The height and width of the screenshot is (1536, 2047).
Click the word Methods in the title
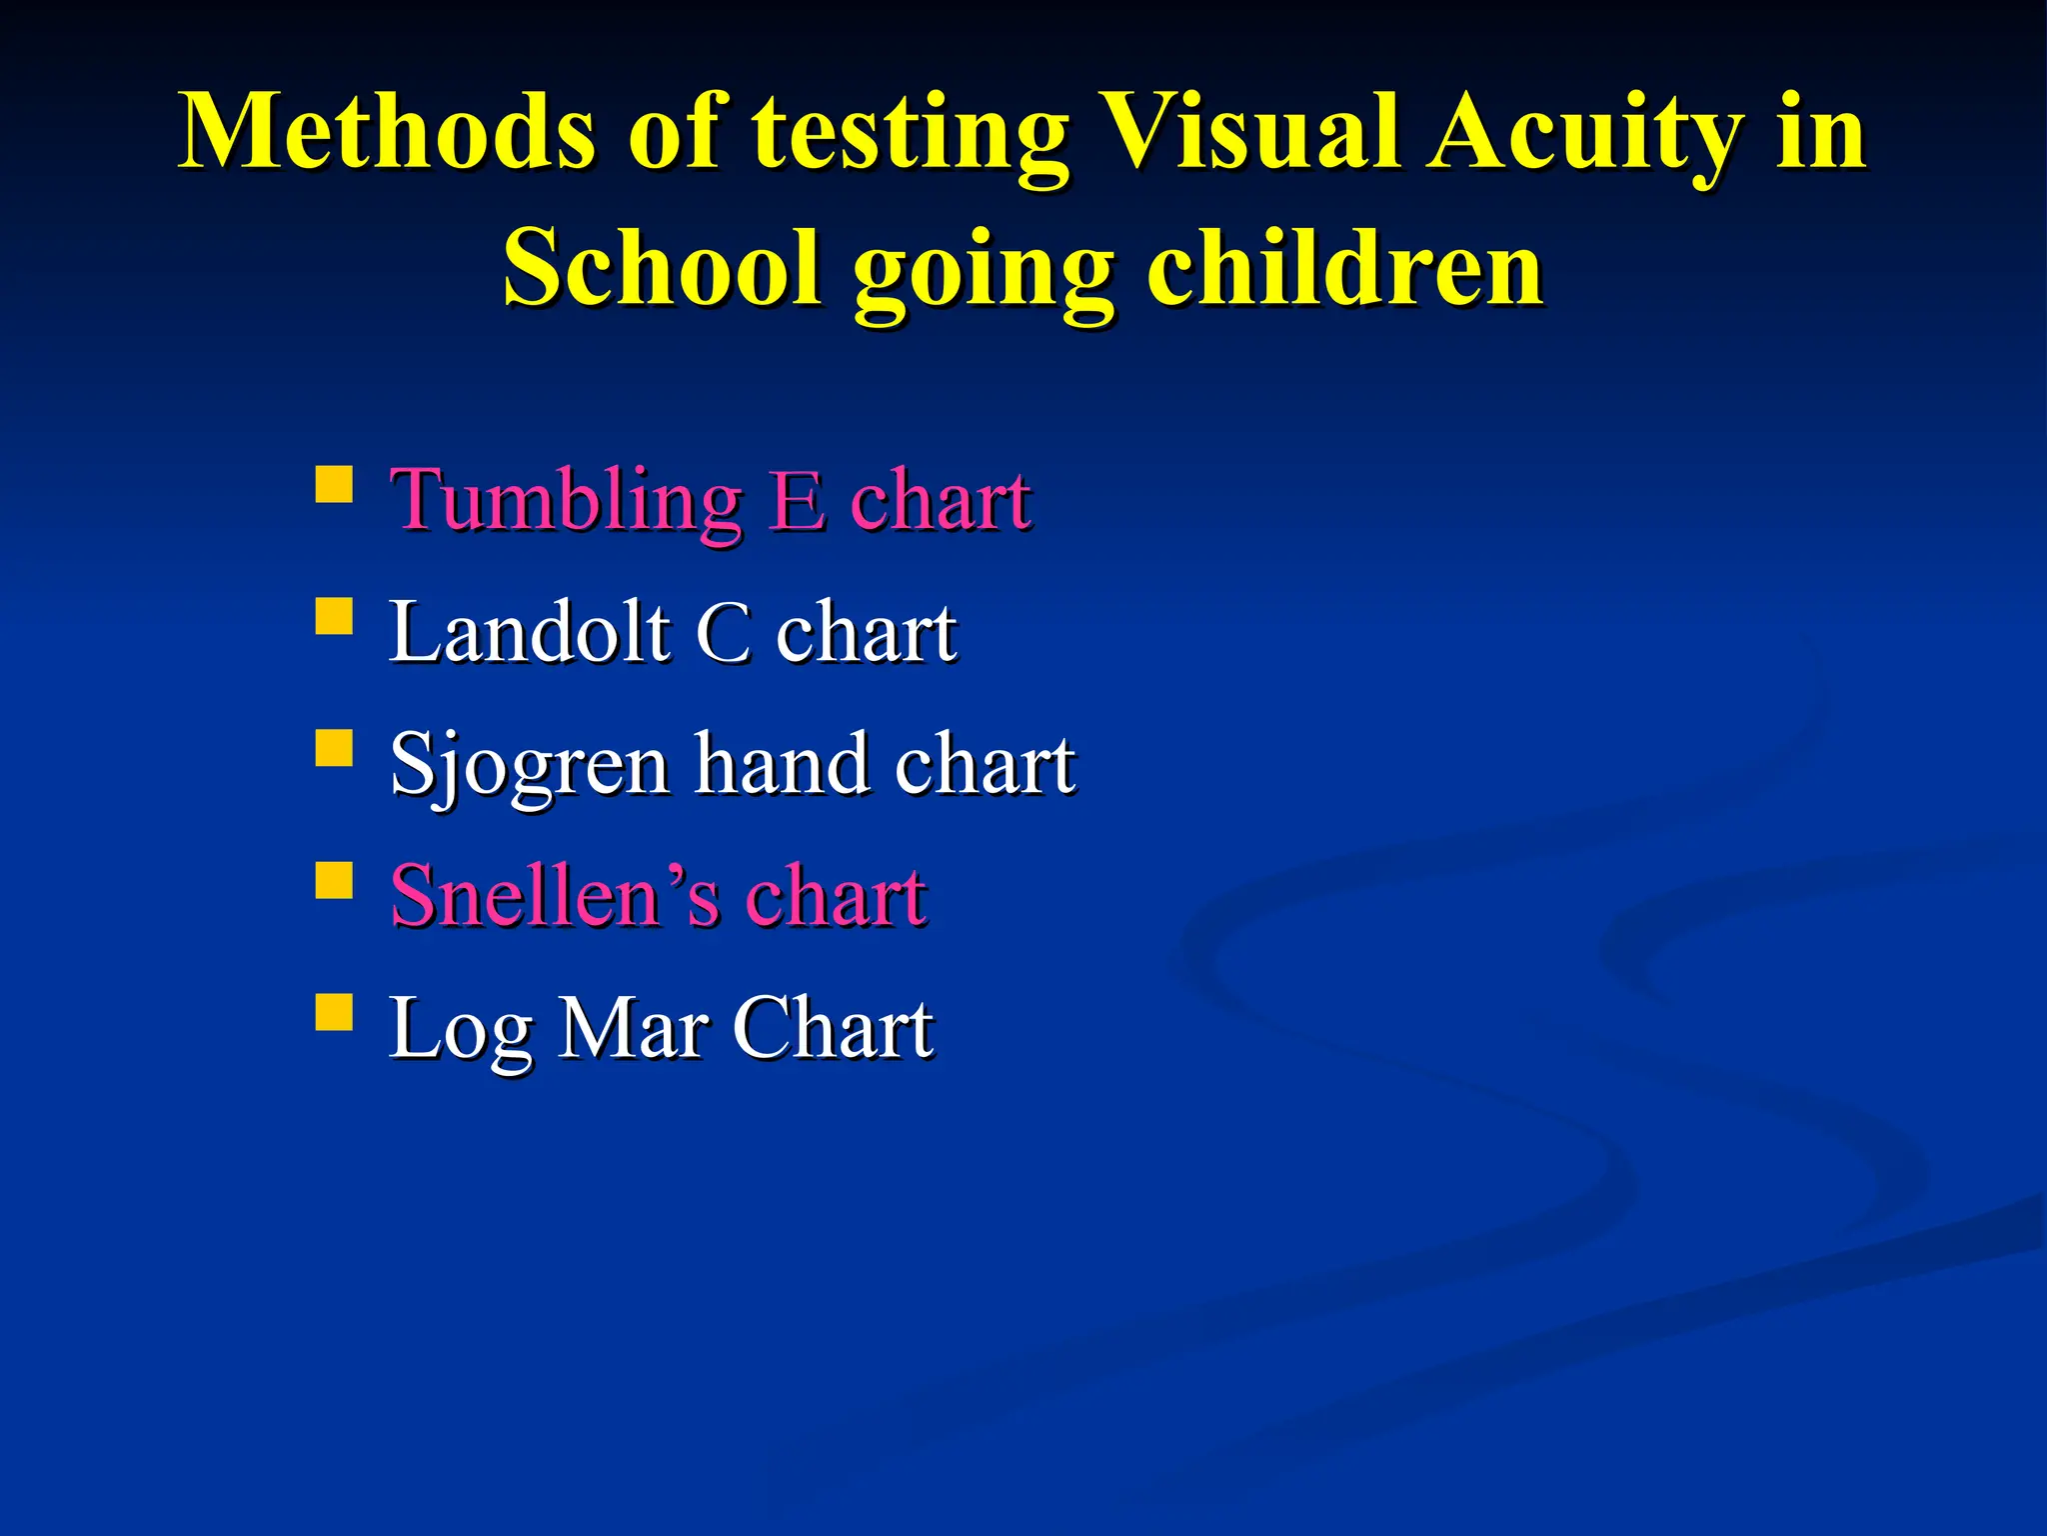(388, 132)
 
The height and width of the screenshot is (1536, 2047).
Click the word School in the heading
(660, 268)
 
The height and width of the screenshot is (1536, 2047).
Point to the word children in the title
(1344, 268)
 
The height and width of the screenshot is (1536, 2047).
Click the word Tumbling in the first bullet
(566, 500)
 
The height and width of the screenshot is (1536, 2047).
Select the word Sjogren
(529, 766)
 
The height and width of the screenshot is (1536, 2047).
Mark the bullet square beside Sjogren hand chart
(334, 747)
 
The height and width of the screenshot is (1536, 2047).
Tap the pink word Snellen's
(554, 896)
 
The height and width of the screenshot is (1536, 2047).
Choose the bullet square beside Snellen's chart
(334, 881)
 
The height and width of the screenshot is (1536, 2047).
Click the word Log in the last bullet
(460, 1030)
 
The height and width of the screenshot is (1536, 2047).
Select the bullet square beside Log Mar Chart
(334, 1011)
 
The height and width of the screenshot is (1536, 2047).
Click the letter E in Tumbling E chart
(798, 500)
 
